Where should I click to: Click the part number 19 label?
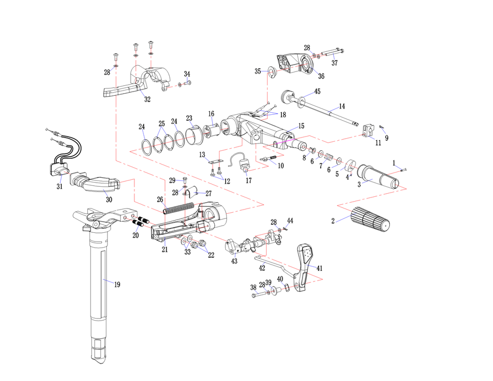[117, 285]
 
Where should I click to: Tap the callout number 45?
[317, 92]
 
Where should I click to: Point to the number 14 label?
[342, 106]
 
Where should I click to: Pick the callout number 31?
[59, 186]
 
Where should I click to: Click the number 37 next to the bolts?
[334, 63]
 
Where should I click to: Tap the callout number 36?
[321, 76]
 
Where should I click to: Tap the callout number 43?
[235, 261]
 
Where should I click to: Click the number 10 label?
[280, 166]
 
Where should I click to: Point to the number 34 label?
[187, 74]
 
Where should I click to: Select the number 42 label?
[262, 268]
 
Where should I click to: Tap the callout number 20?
[135, 235]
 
